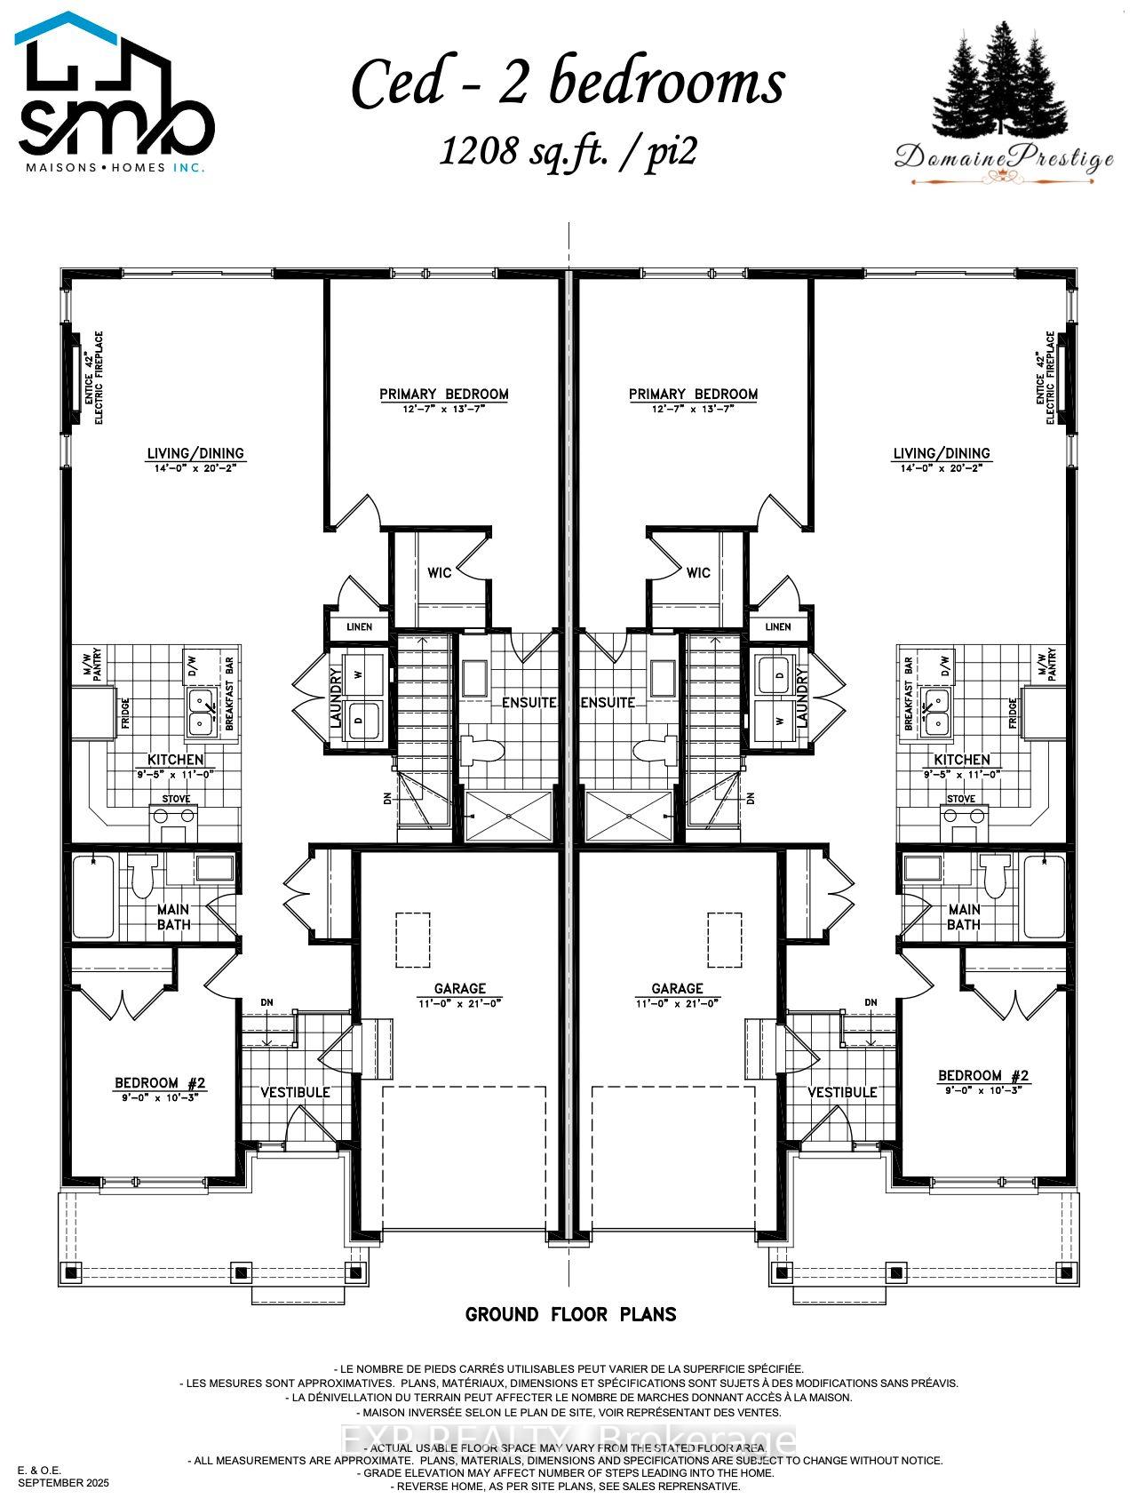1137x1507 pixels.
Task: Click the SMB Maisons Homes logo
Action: (x=115, y=93)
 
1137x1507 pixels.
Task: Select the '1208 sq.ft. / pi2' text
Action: (x=568, y=152)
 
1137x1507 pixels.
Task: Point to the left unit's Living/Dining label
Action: (x=195, y=454)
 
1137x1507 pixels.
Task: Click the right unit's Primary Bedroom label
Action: (x=693, y=395)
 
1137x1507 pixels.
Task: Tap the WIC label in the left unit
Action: (x=439, y=572)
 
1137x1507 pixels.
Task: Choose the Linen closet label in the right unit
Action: (x=777, y=626)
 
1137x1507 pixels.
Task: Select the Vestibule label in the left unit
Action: (x=295, y=1092)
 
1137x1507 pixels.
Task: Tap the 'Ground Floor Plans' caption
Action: (x=570, y=1314)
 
